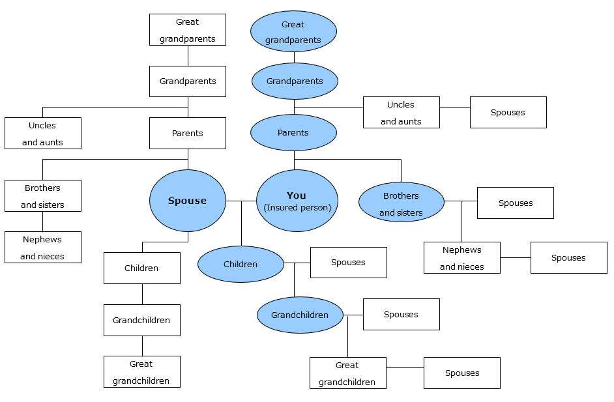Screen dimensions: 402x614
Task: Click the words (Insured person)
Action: tap(297, 208)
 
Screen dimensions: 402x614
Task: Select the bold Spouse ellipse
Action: tap(188, 201)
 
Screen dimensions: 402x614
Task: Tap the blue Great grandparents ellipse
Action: tap(293, 31)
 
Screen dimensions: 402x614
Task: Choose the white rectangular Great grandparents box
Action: tap(188, 30)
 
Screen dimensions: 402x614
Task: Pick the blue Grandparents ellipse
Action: tap(295, 81)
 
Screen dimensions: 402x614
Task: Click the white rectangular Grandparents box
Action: tap(188, 81)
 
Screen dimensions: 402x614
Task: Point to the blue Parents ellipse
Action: tap(293, 133)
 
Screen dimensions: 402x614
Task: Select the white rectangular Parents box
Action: tap(188, 134)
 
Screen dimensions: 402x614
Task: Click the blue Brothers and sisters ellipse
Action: tap(402, 202)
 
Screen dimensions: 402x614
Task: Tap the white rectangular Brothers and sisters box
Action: tap(43, 195)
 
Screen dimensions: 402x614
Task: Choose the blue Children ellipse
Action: tap(241, 265)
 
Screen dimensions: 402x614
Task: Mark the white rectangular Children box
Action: tap(141, 268)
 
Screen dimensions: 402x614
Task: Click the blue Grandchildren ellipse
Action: tap(300, 315)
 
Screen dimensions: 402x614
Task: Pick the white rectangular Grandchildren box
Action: tap(141, 320)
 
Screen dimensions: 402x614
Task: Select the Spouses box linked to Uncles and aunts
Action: tap(508, 113)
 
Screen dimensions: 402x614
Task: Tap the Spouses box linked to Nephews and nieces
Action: tap(568, 258)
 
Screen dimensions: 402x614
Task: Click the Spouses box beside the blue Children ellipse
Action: tap(348, 263)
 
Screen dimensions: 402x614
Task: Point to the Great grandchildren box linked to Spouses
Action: tap(347, 373)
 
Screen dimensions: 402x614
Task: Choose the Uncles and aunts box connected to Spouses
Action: tap(401, 113)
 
